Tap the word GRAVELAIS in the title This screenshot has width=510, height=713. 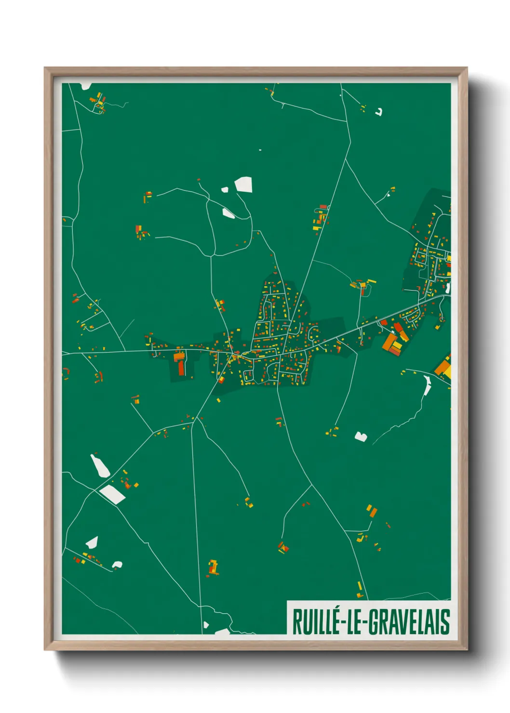pyautogui.click(x=409, y=622)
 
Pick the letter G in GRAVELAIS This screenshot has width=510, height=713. pyautogui.click(x=374, y=622)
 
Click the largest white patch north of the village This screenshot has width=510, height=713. pyautogui.click(x=243, y=185)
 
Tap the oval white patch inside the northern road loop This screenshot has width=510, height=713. pyautogui.click(x=228, y=213)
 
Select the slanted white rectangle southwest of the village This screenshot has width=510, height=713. pyautogui.click(x=113, y=494)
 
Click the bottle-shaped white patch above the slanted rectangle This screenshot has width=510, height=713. pyautogui.click(x=100, y=465)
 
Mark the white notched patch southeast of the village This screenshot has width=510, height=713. pyautogui.click(x=361, y=436)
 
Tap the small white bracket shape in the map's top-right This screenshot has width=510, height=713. pyautogui.click(x=379, y=112)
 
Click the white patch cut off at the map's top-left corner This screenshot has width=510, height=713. pyautogui.click(x=86, y=86)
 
